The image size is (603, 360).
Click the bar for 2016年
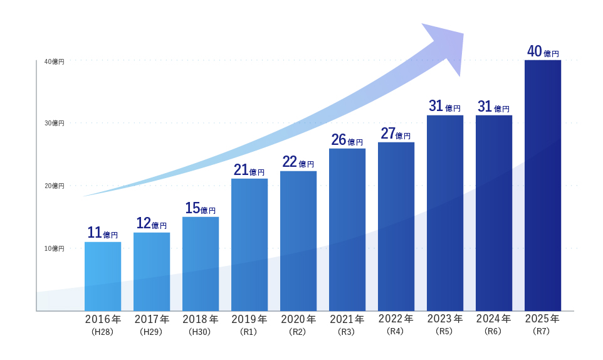[x=103, y=276]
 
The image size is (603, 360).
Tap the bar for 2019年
[x=249, y=245]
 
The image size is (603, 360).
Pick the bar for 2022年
[x=396, y=226]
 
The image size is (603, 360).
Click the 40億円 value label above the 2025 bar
[x=543, y=51]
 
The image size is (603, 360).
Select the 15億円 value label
[x=201, y=208]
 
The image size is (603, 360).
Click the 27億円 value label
[x=396, y=134]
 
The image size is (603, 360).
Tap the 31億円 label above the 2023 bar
[x=445, y=107]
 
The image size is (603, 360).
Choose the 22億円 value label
[x=298, y=162]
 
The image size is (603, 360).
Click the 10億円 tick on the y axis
[x=54, y=248]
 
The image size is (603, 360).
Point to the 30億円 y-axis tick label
[x=54, y=123]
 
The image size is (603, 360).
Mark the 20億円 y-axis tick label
[x=54, y=186]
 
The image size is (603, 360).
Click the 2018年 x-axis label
[x=201, y=319]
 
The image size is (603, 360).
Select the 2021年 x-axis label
[x=347, y=319]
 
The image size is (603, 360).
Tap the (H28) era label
[x=102, y=332]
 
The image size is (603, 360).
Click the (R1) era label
[x=249, y=332]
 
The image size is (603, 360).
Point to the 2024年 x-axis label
[x=494, y=319]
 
